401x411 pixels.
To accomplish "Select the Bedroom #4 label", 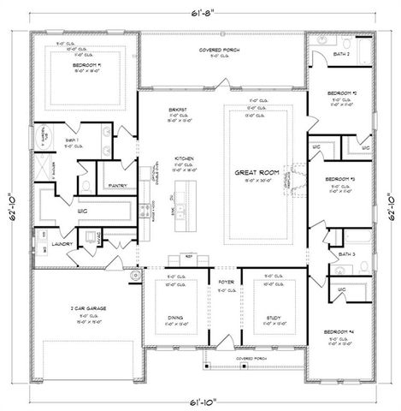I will pos(341,331).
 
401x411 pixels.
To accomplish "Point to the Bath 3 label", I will pos(346,254).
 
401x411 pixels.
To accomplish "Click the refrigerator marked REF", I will pos(190,255).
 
